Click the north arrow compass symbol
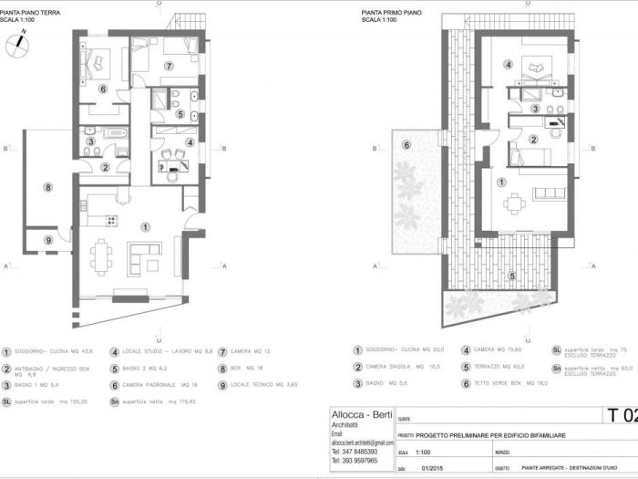(17, 44)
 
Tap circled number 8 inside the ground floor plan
(47, 188)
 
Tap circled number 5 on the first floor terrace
(512, 276)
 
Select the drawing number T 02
(622, 416)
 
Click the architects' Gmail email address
(363, 442)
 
